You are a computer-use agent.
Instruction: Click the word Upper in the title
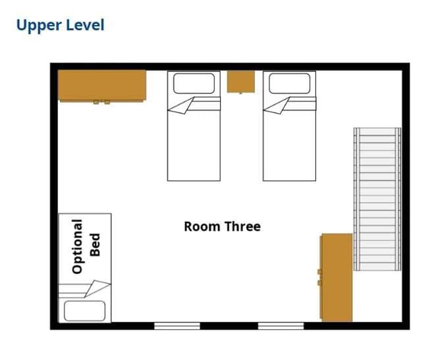click(x=39, y=26)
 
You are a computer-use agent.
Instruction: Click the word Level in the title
click(x=85, y=24)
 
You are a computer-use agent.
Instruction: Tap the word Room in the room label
click(x=202, y=226)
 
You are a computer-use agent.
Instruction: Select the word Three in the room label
click(x=242, y=226)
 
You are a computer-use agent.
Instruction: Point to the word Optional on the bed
click(x=77, y=246)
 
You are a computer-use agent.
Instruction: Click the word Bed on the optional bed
click(x=95, y=245)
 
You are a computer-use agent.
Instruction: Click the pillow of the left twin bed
click(x=194, y=83)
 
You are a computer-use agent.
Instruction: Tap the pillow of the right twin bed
click(x=289, y=83)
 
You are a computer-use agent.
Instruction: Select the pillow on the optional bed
click(x=85, y=311)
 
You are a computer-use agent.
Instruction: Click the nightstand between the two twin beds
click(x=241, y=82)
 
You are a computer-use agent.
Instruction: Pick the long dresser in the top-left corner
click(x=102, y=86)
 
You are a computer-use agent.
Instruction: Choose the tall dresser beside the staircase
click(x=337, y=277)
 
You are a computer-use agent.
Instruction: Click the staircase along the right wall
click(x=377, y=199)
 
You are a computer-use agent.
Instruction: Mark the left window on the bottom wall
click(x=177, y=326)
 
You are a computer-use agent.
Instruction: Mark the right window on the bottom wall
click(x=281, y=326)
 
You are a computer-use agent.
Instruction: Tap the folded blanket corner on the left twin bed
click(x=180, y=107)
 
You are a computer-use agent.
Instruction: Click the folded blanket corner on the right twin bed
click(x=276, y=107)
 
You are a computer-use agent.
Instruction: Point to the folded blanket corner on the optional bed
click(x=97, y=288)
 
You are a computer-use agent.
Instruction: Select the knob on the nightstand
click(x=241, y=93)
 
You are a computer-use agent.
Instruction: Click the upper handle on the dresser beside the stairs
click(x=320, y=272)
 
